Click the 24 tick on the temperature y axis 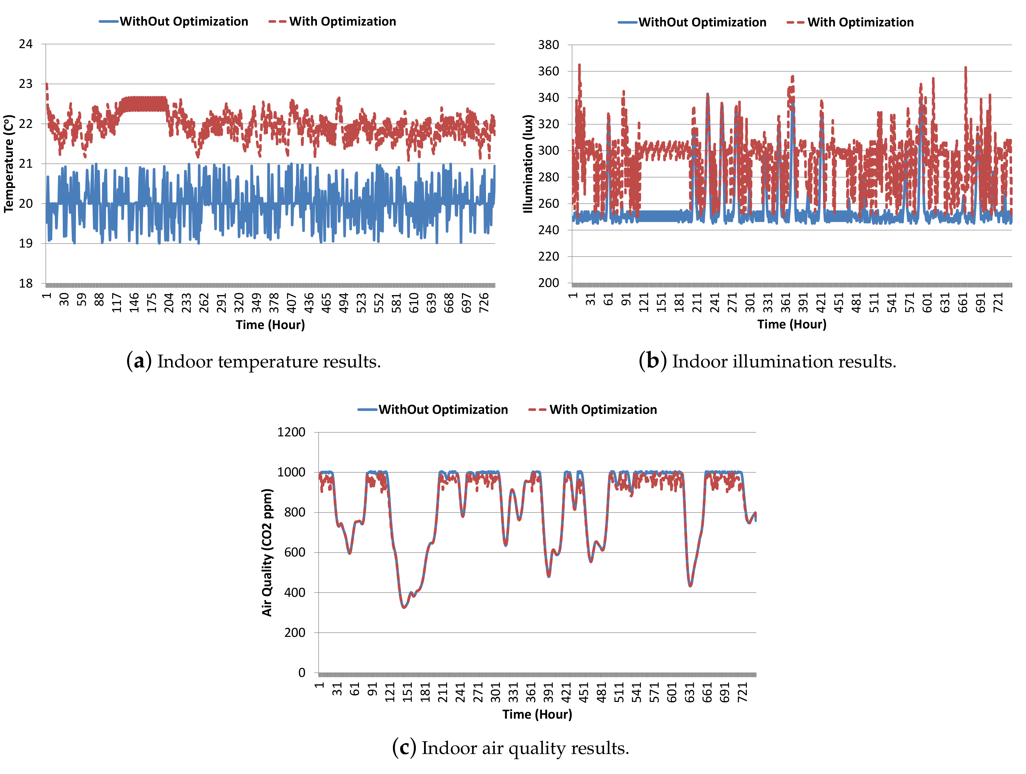click(26, 44)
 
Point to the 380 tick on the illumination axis click(548, 45)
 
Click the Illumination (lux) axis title click(527, 164)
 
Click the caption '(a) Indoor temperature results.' click(253, 362)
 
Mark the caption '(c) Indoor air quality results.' click(510, 748)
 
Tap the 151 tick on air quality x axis click(407, 692)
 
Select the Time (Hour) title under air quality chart click(537, 714)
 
